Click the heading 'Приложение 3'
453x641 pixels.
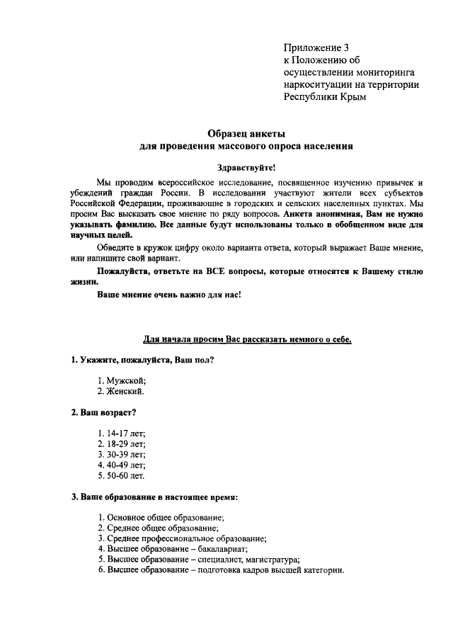pyautogui.click(x=316, y=48)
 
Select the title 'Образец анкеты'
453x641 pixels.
pyautogui.click(x=246, y=133)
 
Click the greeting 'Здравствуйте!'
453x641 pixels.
pyautogui.click(x=246, y=167)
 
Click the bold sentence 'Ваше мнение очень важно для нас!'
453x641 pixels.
pyautogui.click(x=169, y=295)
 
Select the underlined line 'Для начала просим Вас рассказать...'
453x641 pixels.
pyautogui.click(x=248, y=339)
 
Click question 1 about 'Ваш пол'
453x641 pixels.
pyautogui.click(x=143, y=360)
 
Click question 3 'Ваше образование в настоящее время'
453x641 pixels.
pyautogui.click(x=154, y=497)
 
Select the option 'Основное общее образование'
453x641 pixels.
pyautogui.click(x=161, y=518)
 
